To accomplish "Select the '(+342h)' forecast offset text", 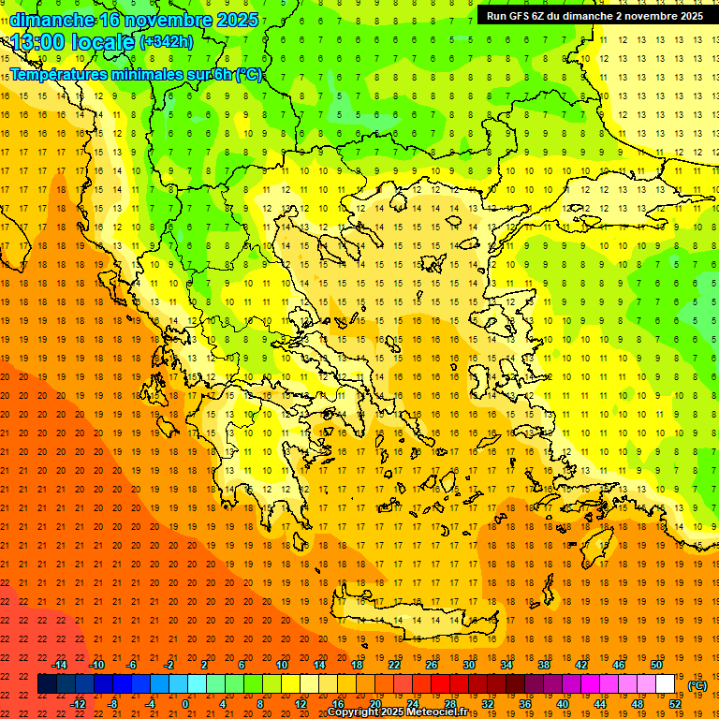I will (166, 42).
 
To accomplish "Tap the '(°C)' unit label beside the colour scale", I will (697, 685).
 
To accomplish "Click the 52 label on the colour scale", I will (674, 703).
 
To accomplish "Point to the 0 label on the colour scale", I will (186, 703).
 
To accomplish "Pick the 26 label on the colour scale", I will (431, 665).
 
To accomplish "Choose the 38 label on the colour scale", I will (543, 665).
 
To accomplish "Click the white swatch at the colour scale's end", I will (665, 684).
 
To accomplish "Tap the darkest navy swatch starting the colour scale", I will (48, 684).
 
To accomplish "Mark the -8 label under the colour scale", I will (112, 703).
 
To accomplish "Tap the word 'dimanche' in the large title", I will (52, 20).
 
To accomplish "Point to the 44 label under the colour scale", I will (599, 703).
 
